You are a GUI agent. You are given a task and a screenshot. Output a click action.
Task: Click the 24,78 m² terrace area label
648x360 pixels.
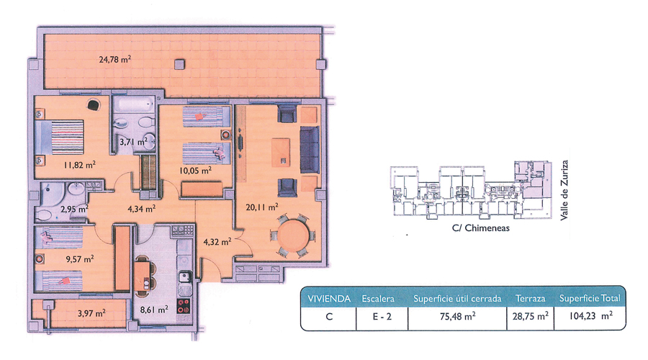point(115,59)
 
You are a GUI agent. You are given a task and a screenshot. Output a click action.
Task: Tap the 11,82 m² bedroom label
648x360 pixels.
point(79,165)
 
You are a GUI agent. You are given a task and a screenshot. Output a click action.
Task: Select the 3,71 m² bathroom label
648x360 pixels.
point(133,142)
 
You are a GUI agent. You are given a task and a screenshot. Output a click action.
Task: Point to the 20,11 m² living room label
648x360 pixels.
point(261,207)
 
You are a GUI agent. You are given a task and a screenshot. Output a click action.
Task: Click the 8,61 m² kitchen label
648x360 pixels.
point(154,309)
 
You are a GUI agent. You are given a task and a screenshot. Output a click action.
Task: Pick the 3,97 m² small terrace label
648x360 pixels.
point(91,313)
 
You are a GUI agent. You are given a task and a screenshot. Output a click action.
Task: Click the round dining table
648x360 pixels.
point(292,235)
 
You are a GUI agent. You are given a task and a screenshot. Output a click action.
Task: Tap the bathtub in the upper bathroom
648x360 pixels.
point(133,104)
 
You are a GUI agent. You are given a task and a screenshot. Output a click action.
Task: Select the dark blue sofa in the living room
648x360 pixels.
point(310,150)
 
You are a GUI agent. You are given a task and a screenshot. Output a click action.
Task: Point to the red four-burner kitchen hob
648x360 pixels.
point(184,305)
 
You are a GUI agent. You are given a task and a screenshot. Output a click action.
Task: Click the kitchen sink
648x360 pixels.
point(185,276)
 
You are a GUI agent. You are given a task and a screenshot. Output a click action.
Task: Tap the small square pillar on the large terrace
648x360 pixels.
point(179,65)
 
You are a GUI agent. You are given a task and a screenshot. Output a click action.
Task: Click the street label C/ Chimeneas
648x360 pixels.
point(481,228)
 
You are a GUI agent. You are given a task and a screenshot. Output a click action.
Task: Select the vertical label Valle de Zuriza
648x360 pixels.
point(564,190)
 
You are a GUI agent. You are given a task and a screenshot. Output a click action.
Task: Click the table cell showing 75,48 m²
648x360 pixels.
point(457,316)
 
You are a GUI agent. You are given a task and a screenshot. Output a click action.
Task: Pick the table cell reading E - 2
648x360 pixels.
point(382,317)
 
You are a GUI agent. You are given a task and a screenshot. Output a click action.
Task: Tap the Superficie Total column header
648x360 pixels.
point(590,298)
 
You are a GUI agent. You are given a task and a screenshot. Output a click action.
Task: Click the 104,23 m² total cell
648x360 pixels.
point(590,316)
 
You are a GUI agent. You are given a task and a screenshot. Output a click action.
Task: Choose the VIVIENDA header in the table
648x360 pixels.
point(329,298)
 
